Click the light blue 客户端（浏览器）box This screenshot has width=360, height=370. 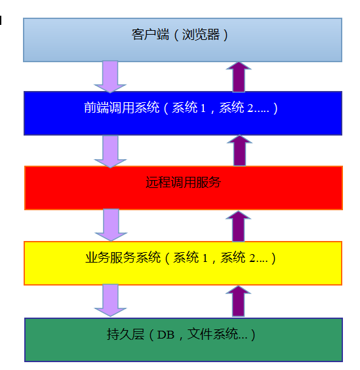182,40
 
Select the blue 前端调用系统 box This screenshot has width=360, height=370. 183,113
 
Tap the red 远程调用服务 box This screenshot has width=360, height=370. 184,188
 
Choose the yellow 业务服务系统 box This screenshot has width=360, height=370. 183,263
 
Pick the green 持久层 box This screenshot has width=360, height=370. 184,340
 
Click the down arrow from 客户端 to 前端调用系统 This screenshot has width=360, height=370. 110,77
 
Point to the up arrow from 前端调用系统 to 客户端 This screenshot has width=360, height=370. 239,77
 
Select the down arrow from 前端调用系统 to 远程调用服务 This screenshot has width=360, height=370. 110,151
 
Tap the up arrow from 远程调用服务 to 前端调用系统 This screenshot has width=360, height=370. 239,151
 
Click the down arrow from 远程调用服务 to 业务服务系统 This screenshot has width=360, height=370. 111,225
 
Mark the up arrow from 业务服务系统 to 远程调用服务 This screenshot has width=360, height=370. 238,227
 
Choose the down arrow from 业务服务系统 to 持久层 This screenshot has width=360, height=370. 110,301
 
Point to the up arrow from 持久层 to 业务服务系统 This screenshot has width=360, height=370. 238,301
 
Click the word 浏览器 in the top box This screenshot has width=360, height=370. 201,35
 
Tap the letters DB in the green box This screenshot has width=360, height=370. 166,335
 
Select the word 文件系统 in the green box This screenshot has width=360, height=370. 212,334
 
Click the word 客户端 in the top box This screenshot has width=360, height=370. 150,35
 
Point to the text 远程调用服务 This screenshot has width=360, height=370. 183,182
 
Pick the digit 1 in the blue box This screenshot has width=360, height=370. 203,108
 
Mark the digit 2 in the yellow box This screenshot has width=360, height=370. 252,258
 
